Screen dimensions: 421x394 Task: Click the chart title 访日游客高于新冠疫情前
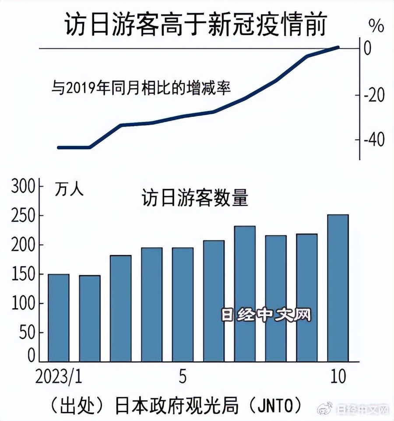click(196, 25)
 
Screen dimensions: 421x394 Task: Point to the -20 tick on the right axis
click(373, 95)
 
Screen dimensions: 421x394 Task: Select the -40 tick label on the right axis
click(373, 141)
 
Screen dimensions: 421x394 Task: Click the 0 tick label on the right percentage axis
click(368, 48)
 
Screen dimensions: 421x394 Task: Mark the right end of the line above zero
click(338, 47)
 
